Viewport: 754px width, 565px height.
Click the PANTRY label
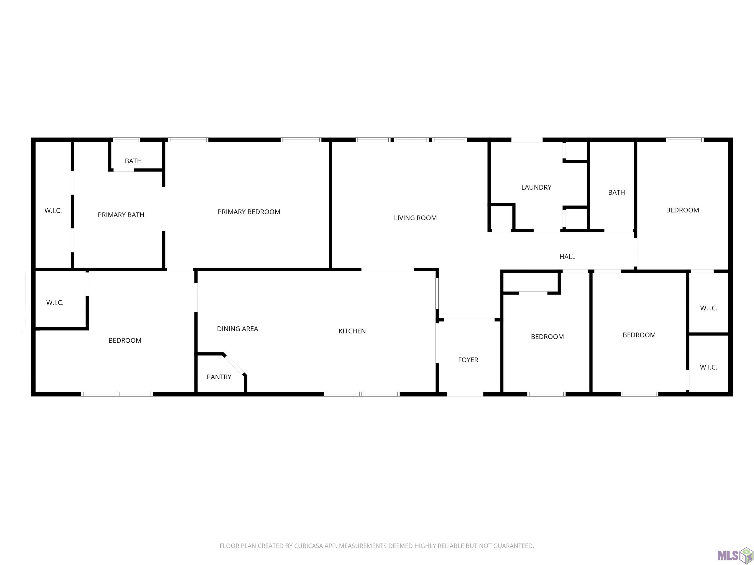(x=219, y=377)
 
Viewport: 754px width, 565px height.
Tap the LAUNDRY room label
(x=536, y=187)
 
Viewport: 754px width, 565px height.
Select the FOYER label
(x=468, y=360)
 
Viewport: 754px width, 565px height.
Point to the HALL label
(x=567, y=257)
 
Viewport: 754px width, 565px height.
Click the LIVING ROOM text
(x=415, y=218)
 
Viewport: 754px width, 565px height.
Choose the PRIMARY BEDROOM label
(x=249, y=212)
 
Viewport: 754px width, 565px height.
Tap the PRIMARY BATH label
(x=121, y=215)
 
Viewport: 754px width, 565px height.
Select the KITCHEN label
(x=352, y=331)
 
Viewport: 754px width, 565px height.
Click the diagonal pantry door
(x=234, y=365)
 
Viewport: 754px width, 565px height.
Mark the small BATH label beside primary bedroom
(x=133, y=161)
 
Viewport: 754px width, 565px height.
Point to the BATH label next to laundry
(x=617, y=193)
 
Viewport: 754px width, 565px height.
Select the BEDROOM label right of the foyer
(x=547, y=337)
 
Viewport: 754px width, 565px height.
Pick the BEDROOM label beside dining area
(x=125, y=341)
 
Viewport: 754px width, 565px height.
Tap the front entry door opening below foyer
(x=465, y=394)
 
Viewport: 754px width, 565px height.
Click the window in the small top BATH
(x=126, y=140)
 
